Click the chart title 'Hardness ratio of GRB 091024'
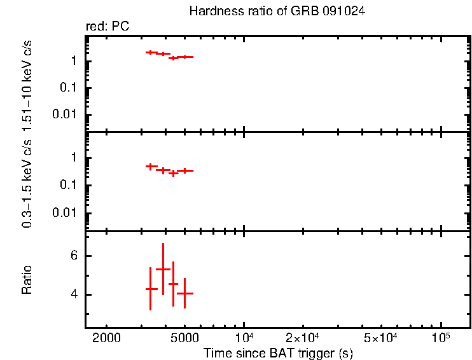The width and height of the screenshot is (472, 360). click(x=277, y=11)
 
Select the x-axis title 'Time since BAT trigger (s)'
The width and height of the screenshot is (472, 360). click(x=278, y=352)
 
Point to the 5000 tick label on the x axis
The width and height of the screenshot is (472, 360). click(x=184, y=336)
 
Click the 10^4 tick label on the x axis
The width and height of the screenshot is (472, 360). click(x=244, y=336)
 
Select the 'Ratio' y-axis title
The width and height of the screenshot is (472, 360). click(x=27, y=280)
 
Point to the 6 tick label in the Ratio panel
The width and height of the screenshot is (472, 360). click(x=74, y=256)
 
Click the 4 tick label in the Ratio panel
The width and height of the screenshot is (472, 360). click(x=74, y=295)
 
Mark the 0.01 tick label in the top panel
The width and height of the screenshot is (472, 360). click(x=67, y=114)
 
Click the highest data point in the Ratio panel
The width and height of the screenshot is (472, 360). click(x=163, y=269)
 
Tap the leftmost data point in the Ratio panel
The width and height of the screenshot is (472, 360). click(x=150, y=289)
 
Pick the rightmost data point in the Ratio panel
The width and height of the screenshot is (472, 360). click(x=184, y=293)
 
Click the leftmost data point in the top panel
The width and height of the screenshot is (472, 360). click(x=150, y=52)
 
